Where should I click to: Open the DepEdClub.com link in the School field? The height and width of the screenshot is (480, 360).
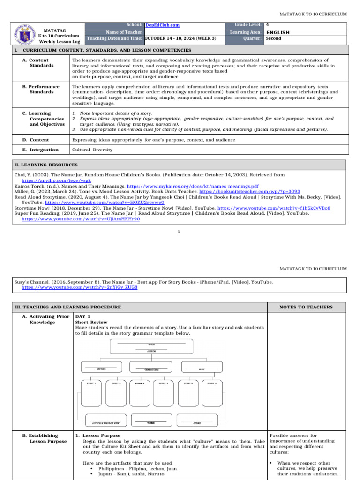coord(162,25)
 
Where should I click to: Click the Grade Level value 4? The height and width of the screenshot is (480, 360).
coord(267,24)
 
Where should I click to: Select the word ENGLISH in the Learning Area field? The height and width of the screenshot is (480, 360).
coord(277,32)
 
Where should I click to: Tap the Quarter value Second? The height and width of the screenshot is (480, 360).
coord(273,38)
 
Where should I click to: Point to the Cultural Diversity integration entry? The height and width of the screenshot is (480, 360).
coord(92,150)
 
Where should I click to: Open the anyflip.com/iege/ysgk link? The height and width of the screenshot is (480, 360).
coord(56,180)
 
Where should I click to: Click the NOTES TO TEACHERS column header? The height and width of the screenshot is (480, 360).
coord(306,307)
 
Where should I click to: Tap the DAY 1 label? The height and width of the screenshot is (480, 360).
coord(83,316)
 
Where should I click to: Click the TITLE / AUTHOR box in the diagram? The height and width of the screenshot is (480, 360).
coord(151,347)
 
